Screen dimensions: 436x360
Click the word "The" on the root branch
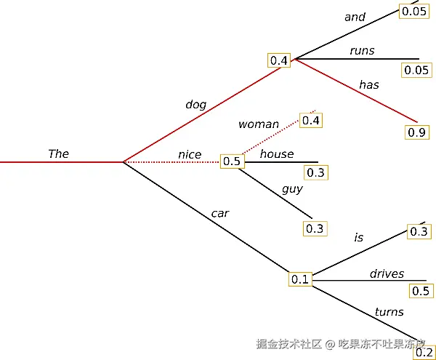pyautogui.click(x=58, y=153)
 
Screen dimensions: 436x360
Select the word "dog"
pyautogui.click(x=195, y=104)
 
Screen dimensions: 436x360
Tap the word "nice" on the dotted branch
pyautogui.click(x=190, y=153)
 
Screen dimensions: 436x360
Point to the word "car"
pyautogui.click(x=220, y=213)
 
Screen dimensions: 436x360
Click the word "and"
pyautogui.click(x=355, y=17)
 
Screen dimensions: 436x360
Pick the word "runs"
pyautogui.click(x=361, y=50)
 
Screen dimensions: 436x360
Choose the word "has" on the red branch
pyautogui.click(x=368, y=84)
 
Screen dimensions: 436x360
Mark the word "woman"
pyautogui.click(x=258, y=124)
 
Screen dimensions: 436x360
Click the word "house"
pyautogui.click(x=277, y=153)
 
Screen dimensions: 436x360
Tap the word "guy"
pyautogui.click(x=292, y=189)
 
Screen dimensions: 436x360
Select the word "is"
pyautogui.click(x=358, y=237)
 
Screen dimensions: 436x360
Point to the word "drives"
pyautogui.click(x=387, y=273)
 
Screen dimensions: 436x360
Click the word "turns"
pyautogui.click(x=389, y=312)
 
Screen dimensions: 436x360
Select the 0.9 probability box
pyautogui.click(x=417, y=132)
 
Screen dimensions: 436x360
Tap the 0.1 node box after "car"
pyautogui.click(x=300, y=279)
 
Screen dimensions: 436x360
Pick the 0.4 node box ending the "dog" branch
pyautogui.click(x=279, y=60)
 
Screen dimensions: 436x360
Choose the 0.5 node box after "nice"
pyautogui.click(x=232, y=161)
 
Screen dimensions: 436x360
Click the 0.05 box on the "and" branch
pyautogui.click(x=414, y=11)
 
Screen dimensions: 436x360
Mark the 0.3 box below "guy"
pyautogui.click(x=315, y=228)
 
